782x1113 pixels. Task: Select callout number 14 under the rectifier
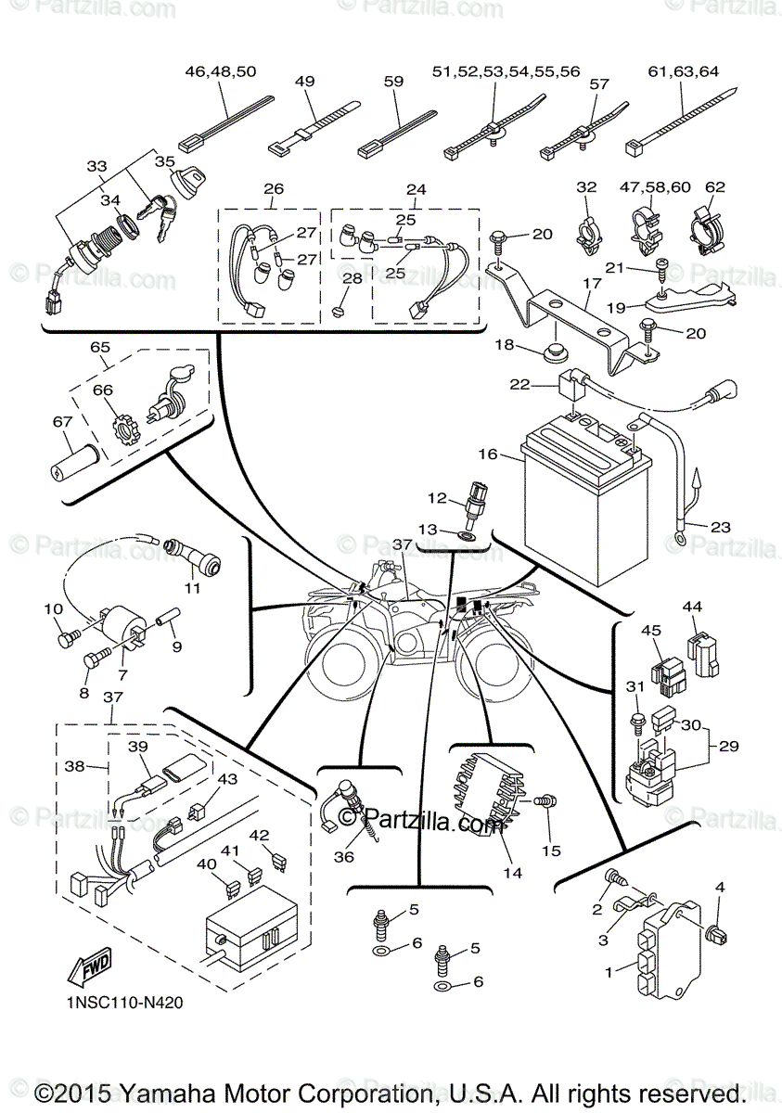[513, 873]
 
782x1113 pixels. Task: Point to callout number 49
[305, 82]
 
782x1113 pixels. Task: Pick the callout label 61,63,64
[684, 71]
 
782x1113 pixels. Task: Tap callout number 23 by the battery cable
[721, 527]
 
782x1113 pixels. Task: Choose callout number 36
[344, 857]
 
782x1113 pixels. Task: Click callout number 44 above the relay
[692, 607]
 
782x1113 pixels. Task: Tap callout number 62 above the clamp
[714, 186]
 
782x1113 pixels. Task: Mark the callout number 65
[100, 347]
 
